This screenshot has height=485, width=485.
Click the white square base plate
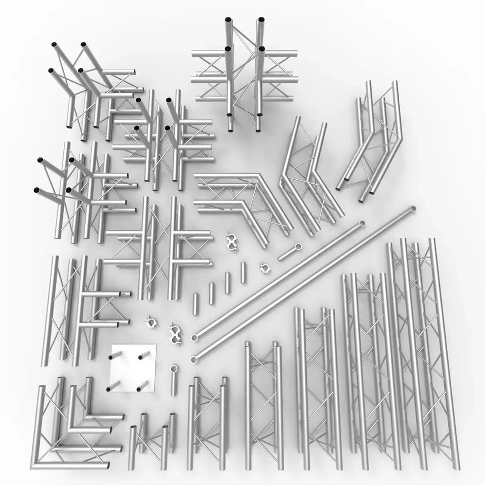(x=132, y=369)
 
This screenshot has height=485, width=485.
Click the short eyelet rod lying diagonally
(x=289, y=252)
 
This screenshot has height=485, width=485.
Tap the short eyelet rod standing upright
(x=174, y=379)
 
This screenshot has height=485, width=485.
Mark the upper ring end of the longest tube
(x=412, y=209)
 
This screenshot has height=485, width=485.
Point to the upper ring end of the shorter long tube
(x=362, y=224)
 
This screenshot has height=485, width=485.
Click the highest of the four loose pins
(x=244, y=273)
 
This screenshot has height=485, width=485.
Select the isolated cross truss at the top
(x=244, y=71)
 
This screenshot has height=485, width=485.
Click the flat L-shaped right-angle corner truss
(x=71, y=424)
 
